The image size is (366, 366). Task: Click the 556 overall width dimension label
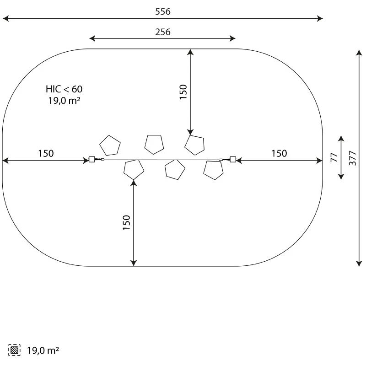[x=162, y=12]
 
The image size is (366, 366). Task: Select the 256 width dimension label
[x=162, y=32]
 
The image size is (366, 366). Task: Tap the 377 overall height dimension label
[x=352, y=158]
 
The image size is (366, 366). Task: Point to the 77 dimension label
[x=334, y=158]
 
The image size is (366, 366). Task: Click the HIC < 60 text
[x=64, y=89]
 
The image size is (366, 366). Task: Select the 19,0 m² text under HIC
[x=64, y=101]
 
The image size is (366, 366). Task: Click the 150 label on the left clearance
[x=46, y=154]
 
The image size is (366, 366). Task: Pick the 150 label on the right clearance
[x=279, y=154]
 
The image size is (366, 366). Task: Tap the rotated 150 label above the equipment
[x=183, y=92]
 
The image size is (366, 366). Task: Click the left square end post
[x=91, y=160]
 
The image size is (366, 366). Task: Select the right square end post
[x=233, y=159]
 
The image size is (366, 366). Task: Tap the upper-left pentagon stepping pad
[x=110, y=145]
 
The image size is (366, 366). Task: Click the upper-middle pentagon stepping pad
[x=154, y=144]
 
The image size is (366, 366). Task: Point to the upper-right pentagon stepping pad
[x=195, y=145]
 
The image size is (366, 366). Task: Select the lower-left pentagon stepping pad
[x=134, y=169]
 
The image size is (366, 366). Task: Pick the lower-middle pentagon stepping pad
[x=175, y=170]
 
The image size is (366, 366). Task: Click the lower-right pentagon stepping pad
[x=213, y=170]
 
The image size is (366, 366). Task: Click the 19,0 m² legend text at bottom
[x=43, y=351]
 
